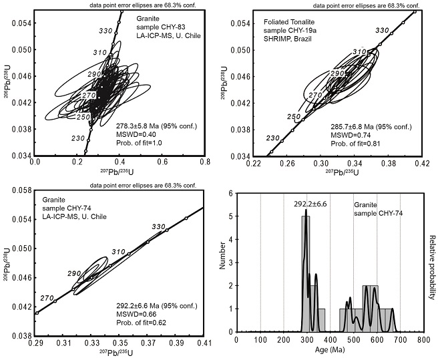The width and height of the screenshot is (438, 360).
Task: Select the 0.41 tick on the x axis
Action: click(x=204, y=342)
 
